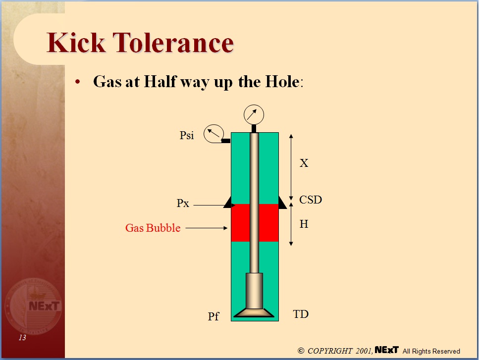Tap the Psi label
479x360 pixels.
187,135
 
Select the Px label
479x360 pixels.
183,204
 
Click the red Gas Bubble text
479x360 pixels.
153,228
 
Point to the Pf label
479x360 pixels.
213,316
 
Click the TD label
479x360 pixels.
301,314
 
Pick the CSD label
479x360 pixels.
311,200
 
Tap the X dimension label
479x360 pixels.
304,163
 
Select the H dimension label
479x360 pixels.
304,224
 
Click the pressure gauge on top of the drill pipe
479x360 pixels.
254,115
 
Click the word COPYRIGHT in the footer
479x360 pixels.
330,351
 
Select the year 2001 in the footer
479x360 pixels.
364,351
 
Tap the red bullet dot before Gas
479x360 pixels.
77,82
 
